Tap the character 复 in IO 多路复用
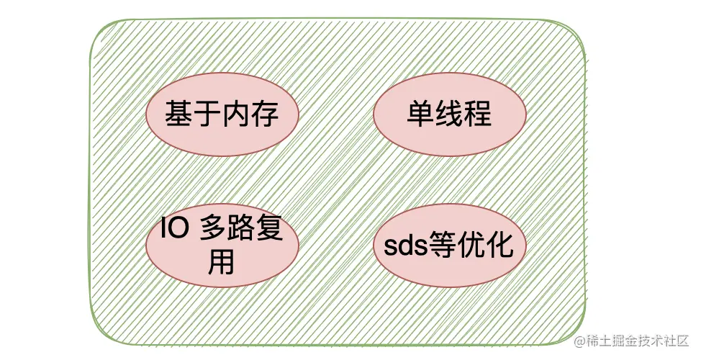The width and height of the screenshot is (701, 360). [268, 233]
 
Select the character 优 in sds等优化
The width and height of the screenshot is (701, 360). [471, 246]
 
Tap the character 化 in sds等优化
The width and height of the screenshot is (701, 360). [499, 246]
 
